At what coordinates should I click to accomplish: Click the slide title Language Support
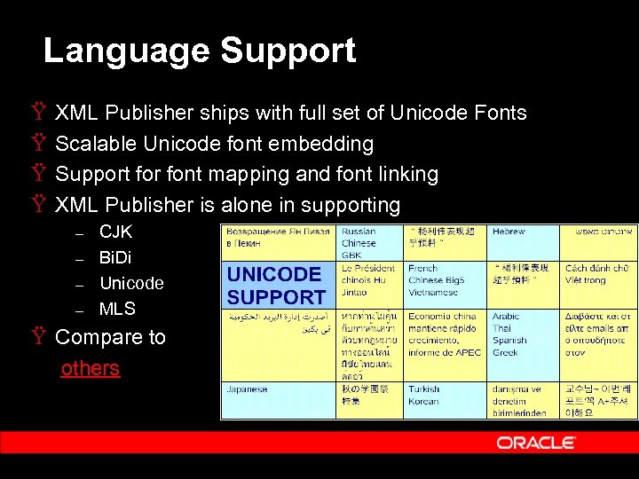pos(200,51)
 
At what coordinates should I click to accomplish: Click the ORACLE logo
pos(536,442)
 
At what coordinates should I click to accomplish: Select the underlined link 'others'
pos(90,368)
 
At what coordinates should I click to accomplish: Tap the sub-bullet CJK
pos(115,232)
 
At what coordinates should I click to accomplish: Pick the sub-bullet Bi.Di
pos(115,258)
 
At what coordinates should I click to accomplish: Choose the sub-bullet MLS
pos(117,310)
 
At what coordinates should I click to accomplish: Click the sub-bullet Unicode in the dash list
pos(131,284)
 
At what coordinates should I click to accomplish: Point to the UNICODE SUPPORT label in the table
pos(276,286)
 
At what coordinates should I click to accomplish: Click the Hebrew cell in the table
pos(509,232)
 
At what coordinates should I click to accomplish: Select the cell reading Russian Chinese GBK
pos(359,242)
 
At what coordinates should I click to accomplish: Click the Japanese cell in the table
pos(248,389)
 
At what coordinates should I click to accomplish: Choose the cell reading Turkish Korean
pos(425,394)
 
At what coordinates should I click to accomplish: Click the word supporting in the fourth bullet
pos(351,205)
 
